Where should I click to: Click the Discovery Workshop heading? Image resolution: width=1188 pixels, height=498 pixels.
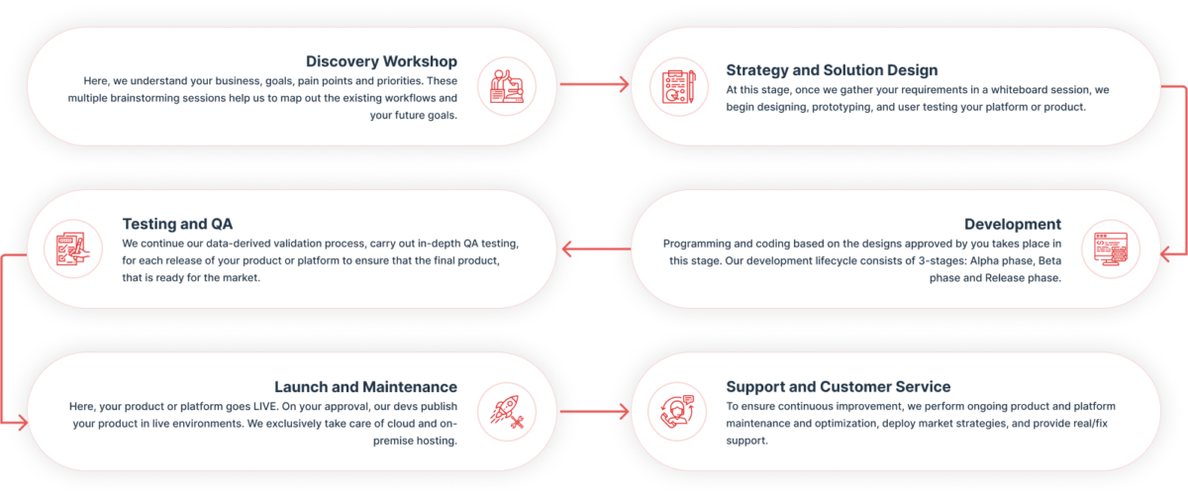(x=381, y=61)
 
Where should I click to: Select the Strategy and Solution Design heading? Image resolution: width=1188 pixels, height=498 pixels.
(x=832, y=70)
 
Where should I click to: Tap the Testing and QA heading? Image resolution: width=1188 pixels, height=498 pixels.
(x=177, y=224)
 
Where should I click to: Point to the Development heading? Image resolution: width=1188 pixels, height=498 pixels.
(x=1013, y=225)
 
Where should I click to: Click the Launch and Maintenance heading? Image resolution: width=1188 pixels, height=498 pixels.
(x=365, y=387)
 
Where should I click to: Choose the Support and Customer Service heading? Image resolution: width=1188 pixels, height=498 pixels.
(x=838, y=387)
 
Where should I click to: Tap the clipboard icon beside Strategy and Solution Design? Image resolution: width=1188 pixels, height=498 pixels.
(x=678, y=86)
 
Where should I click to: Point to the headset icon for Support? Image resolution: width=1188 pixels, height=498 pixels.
(x=678, y=410)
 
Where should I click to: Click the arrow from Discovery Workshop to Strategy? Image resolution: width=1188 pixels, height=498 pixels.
(x=594, y=85)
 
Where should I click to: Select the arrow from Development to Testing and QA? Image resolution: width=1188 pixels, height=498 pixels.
(x=594, y=248)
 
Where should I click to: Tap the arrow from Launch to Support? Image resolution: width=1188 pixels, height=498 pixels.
(x=594, y=410)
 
